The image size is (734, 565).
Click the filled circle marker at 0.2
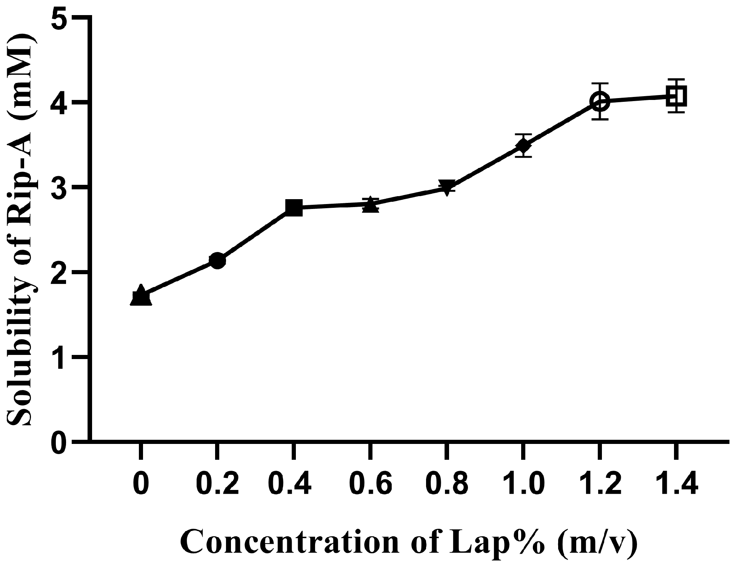click(x=217, y=261)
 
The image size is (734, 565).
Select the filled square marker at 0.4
click(x=294, y=208)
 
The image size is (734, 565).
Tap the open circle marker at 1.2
click(x=599, y=101)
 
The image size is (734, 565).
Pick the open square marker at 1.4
click(x=676, y=96)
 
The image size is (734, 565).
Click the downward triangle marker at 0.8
click(x=446, y=187)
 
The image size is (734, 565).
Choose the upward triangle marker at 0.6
click(x=371, y=205)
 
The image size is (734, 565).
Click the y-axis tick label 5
click(x=58, y=18)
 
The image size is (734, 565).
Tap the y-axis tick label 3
click(x=58, y=187)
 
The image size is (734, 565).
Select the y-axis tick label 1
click(x=58, y=356)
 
